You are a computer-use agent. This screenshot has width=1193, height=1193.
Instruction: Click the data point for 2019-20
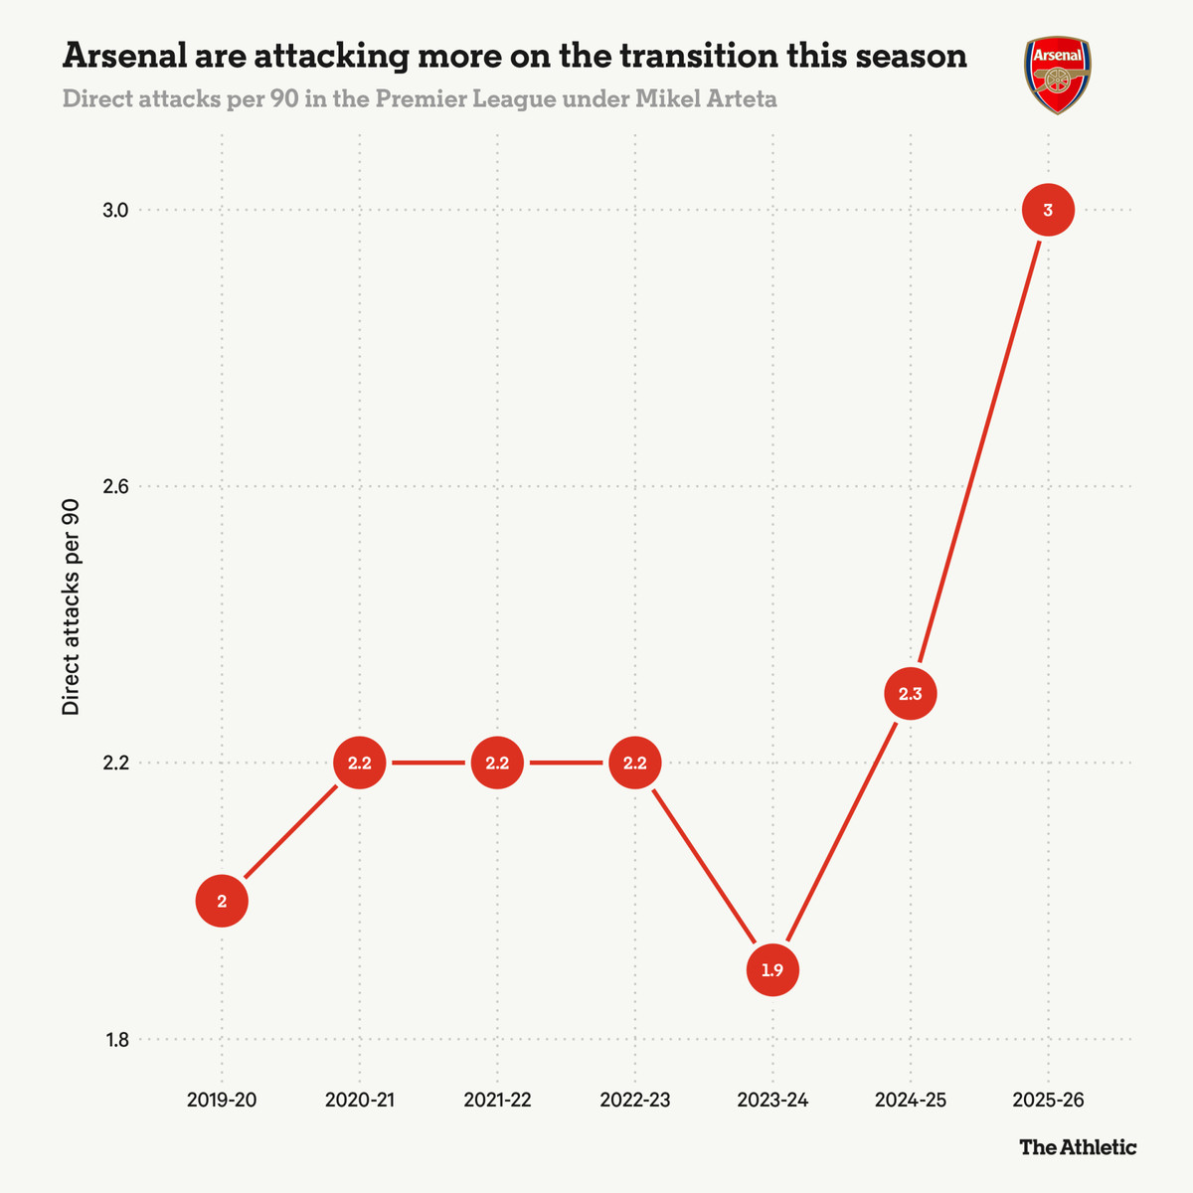222,902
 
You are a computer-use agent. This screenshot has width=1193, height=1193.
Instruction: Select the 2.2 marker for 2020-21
360,764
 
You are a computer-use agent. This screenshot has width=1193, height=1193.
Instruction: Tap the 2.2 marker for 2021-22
497,764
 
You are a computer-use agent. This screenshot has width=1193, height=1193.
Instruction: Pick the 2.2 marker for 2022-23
634,764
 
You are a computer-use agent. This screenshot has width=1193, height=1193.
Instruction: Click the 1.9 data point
772,970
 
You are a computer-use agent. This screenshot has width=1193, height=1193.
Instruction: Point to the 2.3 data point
911,694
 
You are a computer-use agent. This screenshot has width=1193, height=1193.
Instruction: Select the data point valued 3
1048,210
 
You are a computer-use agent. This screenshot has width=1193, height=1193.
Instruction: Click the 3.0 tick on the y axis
116,210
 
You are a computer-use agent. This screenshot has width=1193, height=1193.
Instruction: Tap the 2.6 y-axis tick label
116,487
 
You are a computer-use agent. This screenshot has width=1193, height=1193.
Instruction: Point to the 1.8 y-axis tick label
116,1040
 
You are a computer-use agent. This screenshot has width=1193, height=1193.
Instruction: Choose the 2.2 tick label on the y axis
116,764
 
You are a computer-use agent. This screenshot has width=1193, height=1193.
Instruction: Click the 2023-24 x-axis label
772,1101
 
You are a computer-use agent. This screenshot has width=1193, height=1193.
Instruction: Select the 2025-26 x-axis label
1048,1101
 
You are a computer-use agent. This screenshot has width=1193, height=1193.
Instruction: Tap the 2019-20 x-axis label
222,1101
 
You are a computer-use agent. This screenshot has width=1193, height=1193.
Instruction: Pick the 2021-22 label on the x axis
497,1101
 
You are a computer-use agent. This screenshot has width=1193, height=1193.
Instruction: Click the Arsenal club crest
1058,75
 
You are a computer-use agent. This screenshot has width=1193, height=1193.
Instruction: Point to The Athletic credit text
1078,1147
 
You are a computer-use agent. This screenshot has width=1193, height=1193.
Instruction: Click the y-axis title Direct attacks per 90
71,606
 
